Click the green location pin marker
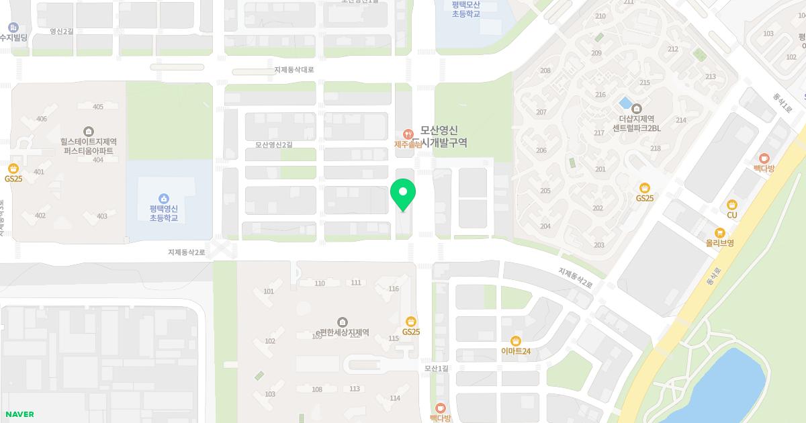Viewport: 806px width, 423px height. tap(403, 193)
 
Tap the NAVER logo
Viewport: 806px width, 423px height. tap(19, 414)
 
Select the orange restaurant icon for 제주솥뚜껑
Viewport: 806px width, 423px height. tap(407, 133)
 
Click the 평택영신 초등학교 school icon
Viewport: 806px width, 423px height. tap(163, 198)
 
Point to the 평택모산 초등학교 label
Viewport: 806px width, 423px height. tap(465, 9)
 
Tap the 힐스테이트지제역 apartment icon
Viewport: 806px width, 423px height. tap(88, 131)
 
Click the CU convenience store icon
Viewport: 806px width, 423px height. tap(731, 205)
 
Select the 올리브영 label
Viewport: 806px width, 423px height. tap(719, 242)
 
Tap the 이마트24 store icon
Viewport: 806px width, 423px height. tap(516, 340)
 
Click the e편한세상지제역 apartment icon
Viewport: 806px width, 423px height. tap(343, 322)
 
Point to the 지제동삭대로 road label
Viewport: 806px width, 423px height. tap(294, 70)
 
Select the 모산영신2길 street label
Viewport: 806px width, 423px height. tap(274, 144)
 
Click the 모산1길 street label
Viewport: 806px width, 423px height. tap(436, 368)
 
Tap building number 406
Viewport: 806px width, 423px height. tap(42, 119)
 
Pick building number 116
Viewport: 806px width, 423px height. tap(394, 289)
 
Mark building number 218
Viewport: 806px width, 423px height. tap(656, 148)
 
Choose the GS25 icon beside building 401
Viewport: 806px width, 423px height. tap(13, 169)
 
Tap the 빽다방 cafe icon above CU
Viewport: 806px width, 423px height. tap(764, 158)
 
